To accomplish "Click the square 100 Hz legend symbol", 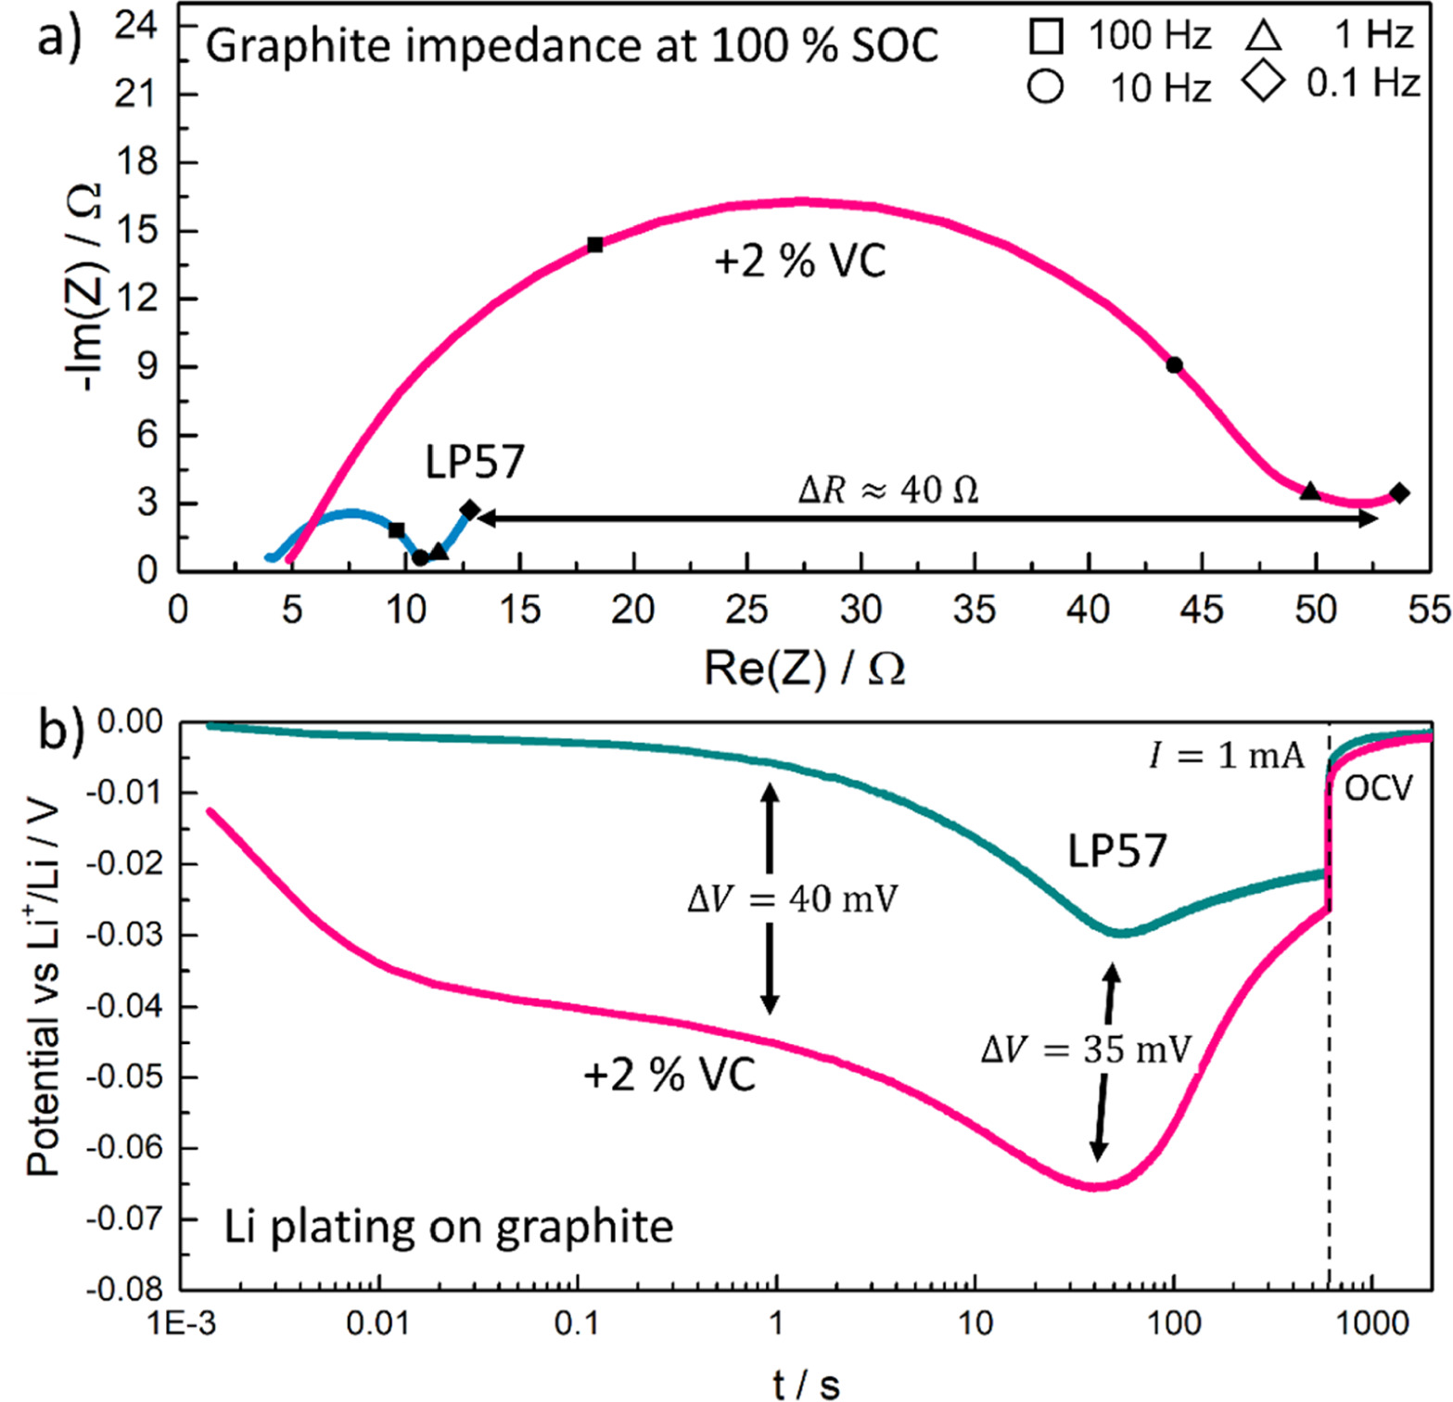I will coord(1046,37).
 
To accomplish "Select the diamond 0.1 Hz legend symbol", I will coord(1265,81).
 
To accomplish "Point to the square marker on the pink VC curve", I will coord(595,245).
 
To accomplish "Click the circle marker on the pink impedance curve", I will coord(1174,365).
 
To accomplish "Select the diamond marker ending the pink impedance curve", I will coord(1399,493).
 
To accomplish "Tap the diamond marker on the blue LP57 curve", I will coord(470,510).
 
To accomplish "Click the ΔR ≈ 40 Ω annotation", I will coord(888,490).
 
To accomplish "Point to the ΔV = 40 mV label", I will coord(793,899).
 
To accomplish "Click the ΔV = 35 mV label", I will coord(1086,1050).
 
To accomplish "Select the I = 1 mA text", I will coord(1226,756).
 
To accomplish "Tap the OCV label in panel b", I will coord(1379,788).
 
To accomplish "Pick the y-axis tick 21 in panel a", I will coord(135,95).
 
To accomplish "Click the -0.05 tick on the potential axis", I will coord(124,1077).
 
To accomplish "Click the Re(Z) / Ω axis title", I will coord(805,668).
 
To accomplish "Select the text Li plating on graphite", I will coord(449,1227).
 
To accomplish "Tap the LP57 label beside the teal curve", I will coord(1116,851).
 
